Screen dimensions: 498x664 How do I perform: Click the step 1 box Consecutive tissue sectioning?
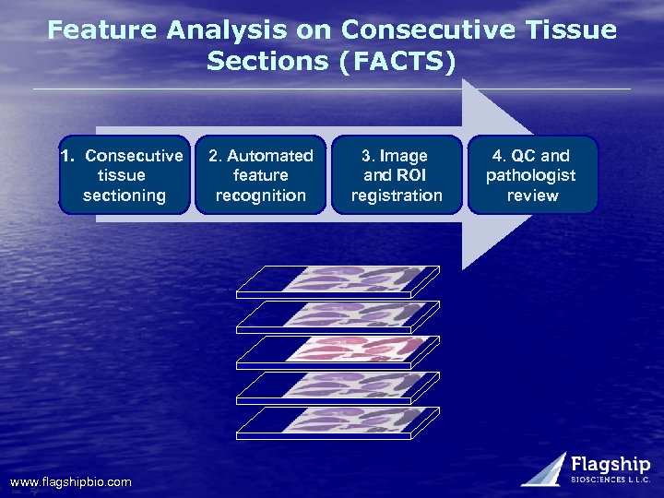pos(125,175)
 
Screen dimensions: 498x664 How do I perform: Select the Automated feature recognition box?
pos(260,175)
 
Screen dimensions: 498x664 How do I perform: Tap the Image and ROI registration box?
pos(397,175)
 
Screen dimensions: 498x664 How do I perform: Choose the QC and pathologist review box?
pos(532,175)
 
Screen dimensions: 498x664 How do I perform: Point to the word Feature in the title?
pos(103,30)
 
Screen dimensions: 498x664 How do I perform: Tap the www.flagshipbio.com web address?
pos(70,482)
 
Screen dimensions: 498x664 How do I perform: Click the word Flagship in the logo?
pos(610,464)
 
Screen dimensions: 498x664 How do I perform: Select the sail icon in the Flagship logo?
pos(546,468)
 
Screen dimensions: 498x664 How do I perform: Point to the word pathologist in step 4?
pos(531,175)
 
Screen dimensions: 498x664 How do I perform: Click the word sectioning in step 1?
pos(125,195)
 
